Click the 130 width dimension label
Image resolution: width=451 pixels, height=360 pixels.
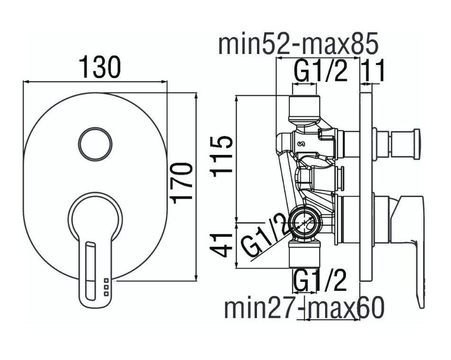pyautogui.click(x=100, y=67)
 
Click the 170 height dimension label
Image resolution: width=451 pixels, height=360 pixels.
pyautogui.click(x=181, y=183)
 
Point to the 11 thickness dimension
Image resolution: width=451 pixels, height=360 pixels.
pyautogui.click(x=373, y=70)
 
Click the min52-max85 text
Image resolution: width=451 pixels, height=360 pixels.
pyautogui.click(x=298, y=44)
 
